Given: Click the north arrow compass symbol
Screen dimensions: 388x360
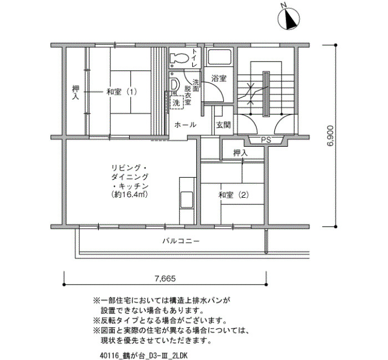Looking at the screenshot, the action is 289,18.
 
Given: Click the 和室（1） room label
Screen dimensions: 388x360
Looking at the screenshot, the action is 122,92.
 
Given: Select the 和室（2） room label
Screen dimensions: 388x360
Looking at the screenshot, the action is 233,195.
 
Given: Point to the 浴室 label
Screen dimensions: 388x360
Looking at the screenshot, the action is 219,79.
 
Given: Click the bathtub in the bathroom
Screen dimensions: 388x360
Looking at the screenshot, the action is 219,58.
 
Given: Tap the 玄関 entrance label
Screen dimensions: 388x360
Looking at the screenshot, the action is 223,125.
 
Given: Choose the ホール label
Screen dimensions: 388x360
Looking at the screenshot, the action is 185,125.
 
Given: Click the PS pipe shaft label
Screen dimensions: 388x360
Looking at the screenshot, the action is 266,140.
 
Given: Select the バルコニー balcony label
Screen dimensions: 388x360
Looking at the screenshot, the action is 181,241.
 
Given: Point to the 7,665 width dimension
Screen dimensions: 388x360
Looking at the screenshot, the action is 165,279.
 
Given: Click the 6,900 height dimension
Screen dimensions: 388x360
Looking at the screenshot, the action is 330,136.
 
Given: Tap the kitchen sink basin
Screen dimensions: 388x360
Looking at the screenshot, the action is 187,200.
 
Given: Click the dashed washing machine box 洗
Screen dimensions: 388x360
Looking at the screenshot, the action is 176,102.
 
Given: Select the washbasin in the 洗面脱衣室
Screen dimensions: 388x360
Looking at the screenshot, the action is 174,85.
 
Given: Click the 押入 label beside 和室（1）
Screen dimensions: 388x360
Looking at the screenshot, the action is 75,92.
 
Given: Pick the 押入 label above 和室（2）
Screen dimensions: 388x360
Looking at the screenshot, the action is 240,153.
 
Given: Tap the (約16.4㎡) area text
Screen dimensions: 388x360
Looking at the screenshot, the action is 130,195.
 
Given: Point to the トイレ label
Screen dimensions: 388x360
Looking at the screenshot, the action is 195,58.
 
